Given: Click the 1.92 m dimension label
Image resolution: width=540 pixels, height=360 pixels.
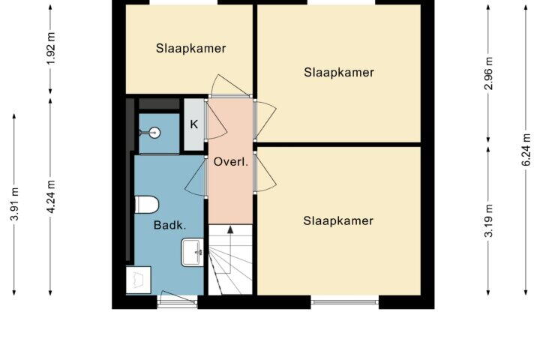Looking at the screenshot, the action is tap(51, 48).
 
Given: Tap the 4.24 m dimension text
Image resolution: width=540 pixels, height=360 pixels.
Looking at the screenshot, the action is tap(51, 196).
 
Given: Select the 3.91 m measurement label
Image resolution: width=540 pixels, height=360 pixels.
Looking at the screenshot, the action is tap(14, 204).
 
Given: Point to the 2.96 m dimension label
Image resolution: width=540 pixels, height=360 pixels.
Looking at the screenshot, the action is tap(488, 73).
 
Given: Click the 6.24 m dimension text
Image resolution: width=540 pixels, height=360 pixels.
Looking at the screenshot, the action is tap(526, 149).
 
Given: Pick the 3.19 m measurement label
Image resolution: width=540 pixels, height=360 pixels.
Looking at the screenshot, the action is tap(488, 220).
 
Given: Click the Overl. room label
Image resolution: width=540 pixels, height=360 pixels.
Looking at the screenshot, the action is tap(231, 161).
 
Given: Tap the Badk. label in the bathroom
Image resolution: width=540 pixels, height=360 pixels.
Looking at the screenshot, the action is tap(169, 225).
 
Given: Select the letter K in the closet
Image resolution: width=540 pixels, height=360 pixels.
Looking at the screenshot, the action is tap(194, 124).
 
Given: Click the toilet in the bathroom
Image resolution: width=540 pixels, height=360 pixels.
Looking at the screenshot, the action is tap(146, 205).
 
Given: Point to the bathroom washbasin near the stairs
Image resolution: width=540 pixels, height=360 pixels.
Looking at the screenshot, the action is tap(193, 253).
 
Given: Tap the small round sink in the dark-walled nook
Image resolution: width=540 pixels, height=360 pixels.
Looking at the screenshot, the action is tap(154, 132).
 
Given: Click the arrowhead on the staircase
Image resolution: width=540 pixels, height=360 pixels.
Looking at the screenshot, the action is tap(230, 229).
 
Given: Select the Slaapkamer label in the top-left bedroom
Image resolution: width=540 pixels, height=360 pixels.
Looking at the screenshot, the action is tap(190, 48).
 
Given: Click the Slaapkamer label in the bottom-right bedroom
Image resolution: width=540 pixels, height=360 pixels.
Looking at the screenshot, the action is tap(338, 220).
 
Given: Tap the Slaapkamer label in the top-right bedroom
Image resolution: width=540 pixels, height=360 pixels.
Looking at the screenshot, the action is tap(339, 72).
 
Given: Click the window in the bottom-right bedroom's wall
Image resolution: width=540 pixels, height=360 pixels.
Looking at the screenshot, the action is tap(345, 302).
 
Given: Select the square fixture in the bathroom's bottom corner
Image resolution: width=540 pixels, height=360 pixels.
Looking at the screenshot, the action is tap(139, 280).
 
